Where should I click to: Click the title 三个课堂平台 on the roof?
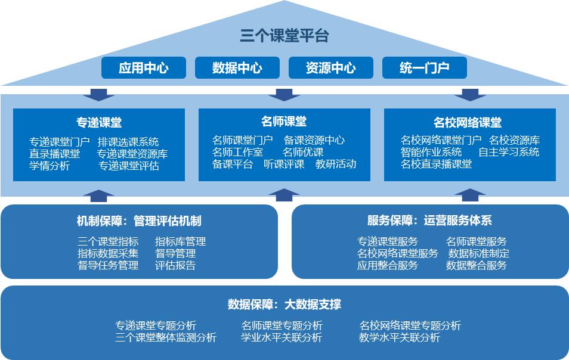pos(284,36)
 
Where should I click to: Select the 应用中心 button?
pos(144,68)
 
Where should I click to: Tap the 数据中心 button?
pos(237,68)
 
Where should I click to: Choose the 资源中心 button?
pos(331,68)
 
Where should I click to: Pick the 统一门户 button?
pos(425,68)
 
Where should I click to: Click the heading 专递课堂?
pos(98,122)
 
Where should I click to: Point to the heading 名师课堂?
pos(284,122)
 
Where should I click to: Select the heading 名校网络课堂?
pos(468,122)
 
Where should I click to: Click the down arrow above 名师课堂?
pos(284,95)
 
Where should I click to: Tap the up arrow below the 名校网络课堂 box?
pos(469,195)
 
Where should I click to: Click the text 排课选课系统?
pos(128,142)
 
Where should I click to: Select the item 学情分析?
pos(50,166)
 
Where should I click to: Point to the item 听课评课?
pos(284,164)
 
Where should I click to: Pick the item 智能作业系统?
pos(431,152)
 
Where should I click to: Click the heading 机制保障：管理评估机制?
pos(139,221)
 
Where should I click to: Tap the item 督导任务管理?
pos(108,265)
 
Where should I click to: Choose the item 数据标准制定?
pos(479,253)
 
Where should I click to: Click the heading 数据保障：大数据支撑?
pos(284,304)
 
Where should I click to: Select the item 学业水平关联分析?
pos(282,337)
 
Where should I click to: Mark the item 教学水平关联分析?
pos(400,337)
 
